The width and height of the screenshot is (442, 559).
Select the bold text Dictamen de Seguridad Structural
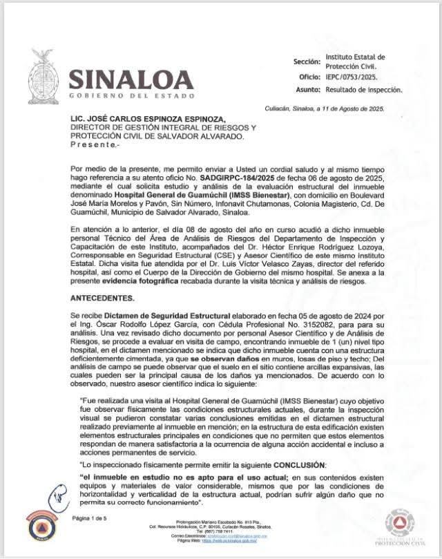[x=173, y=314]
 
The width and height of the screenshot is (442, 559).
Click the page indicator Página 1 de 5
[x=90, y=518]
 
